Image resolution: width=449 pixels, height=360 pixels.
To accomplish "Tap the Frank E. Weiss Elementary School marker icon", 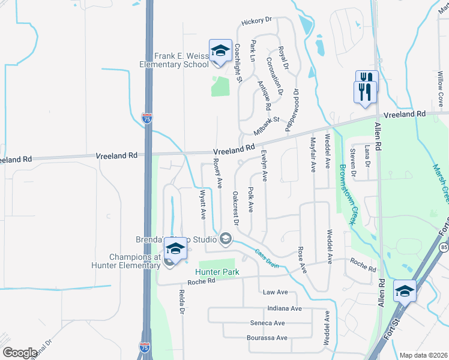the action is (x=220, y=51).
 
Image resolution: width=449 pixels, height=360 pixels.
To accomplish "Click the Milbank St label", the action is (x=266, y=124).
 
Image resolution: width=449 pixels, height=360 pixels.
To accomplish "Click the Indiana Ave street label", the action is (x=285, y=308).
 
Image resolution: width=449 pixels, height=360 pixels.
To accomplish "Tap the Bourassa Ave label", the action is (x=268, y=338).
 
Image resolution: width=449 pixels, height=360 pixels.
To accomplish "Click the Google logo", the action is (x=20, y=352).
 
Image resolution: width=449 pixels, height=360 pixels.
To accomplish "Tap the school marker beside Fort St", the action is (x=405, y=291).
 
